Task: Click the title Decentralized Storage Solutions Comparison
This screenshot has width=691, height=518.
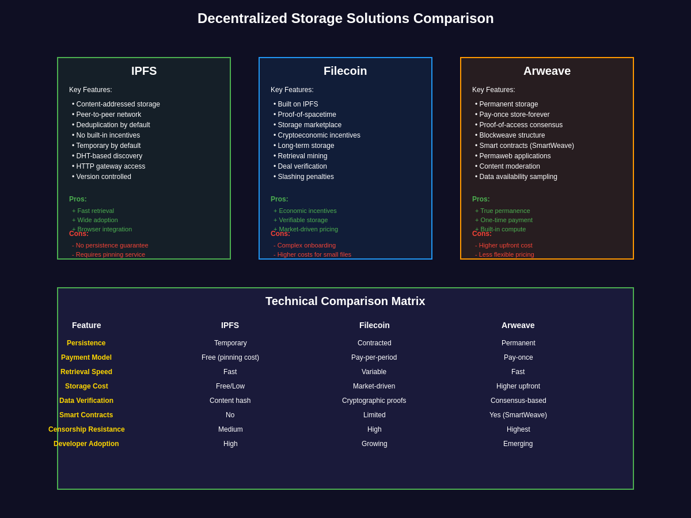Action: (x=345, y=18)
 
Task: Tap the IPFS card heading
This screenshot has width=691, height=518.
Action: (x=144, y=71)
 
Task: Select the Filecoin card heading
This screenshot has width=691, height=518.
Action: (x=345, y=71)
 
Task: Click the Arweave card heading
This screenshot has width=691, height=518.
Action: (x=547, y=71)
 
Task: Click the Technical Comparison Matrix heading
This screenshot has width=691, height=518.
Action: (x=345, y=301)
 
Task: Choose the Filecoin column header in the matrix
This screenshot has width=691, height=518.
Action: (x=374, y=325)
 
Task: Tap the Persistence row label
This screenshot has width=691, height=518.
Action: (x=86, y=343)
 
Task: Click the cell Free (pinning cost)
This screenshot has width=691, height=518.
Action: (x=230, y=357)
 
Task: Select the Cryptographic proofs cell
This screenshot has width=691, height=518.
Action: (x=374, y=401)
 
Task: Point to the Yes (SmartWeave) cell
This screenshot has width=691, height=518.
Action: (x=518, y=415)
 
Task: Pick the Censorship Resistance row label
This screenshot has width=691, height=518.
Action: (x=86, y=429)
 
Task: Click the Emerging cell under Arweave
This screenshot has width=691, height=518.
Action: (x=518, y=444)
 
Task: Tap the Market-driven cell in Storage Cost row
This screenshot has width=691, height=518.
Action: (x=374, y=386)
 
